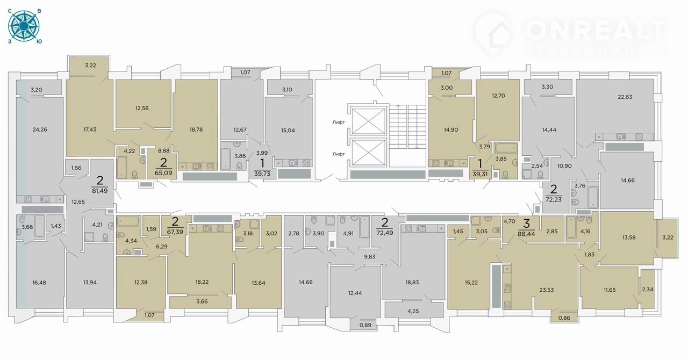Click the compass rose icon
click(x=24, y=26)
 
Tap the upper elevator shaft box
click(x=368, y=121)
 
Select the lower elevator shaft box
click(x=368, y=153)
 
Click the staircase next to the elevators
click(x=407, y=127)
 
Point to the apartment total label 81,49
click(x=99, y=191)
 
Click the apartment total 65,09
click(x=163, y=173)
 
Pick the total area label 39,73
click(x=262, y=174)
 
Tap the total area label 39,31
click(x=480, y=174)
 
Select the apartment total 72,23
click(x=554, y=200)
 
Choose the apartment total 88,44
click(x=526, y=234)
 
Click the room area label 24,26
click(x=40, y=129)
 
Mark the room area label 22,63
click(x=625, y=97)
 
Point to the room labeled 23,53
click(x=547, y=290)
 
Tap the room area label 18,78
click(x=196, y=129)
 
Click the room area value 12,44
click(x=355, y=293)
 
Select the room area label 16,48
click(x=39, y=283)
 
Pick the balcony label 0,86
click(x=564, y=318)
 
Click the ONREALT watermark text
click(x=596, y=31)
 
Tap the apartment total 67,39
click(x=175, y=232)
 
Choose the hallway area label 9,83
click(x=369, y=257)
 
